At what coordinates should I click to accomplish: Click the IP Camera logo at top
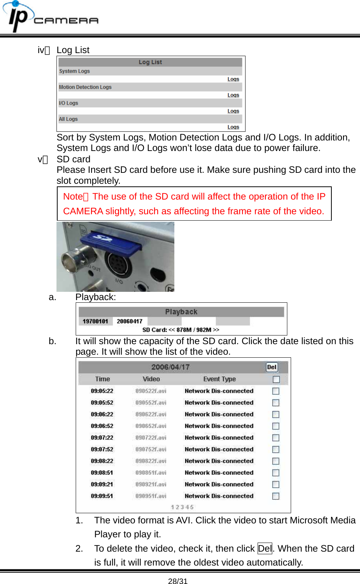tap(51, 17)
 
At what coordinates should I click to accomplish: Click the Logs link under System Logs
tap(233, 79)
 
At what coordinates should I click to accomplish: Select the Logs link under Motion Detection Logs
tap(233, 95)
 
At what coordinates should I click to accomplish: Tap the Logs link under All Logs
tap(233, 127)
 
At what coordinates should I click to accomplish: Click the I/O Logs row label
tap(69, 103)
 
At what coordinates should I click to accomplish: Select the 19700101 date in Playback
tap(95, 321)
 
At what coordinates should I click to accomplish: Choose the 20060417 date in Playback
tap(130, 321)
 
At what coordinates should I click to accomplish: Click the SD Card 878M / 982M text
tap(181, 330)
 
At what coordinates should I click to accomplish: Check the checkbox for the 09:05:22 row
tap(276, 391)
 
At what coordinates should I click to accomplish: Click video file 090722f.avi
tap(151, 438)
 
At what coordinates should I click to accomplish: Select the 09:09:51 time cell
tap(102, 496)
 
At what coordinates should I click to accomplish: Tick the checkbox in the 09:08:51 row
tap(276, 473)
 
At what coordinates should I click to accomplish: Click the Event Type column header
tap(220, 379)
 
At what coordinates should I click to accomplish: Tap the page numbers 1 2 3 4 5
tap(182, 507)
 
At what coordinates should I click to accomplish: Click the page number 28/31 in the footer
tap(178, 581)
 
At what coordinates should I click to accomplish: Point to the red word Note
tap(73, 197)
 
